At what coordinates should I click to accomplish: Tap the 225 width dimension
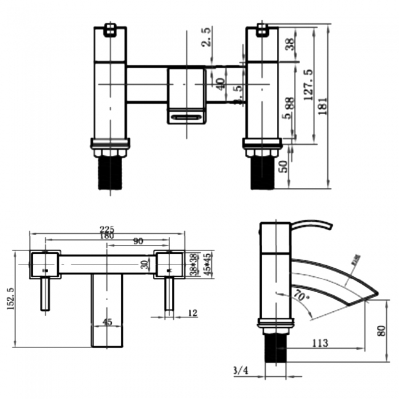tap(108, 230)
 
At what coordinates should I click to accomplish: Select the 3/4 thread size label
tap(241, 370)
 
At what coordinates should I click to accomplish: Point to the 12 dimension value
tap(192, 314)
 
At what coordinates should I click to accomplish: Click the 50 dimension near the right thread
tap(283, 167)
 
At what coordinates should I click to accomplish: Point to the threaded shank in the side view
tap(276, 349)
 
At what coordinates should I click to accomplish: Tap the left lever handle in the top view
tap(45, 293)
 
